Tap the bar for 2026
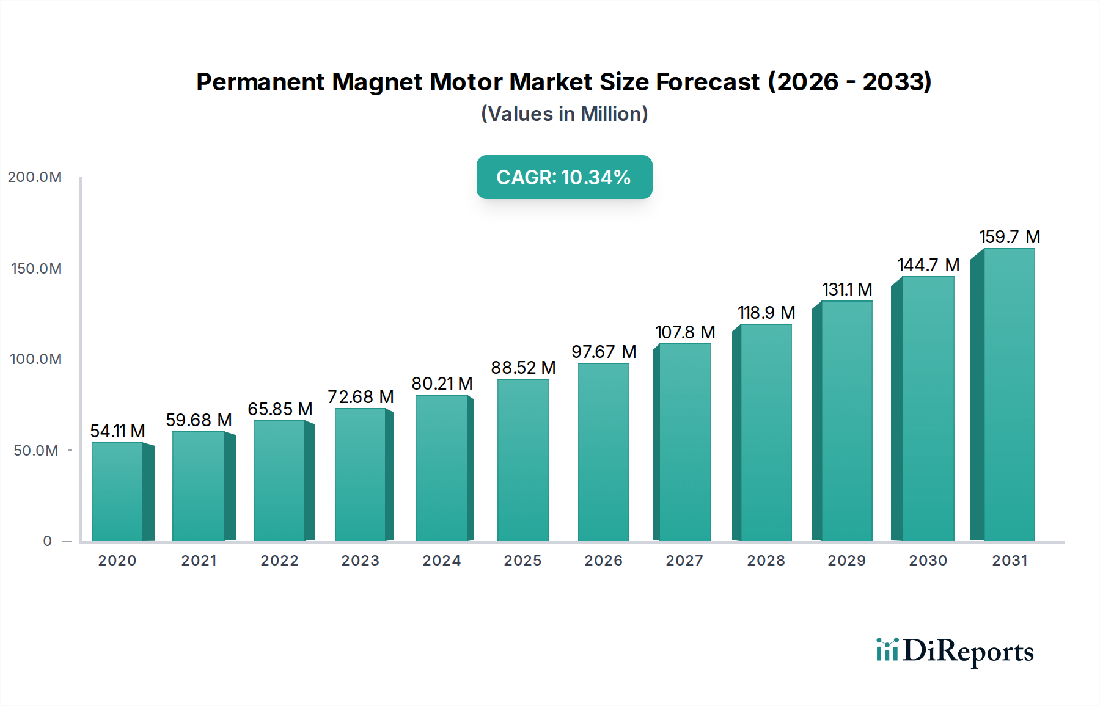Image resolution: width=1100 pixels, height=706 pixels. point(603,452)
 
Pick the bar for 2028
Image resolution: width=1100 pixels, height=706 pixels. point(766,432)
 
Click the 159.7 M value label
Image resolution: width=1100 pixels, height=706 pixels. point(1009,237)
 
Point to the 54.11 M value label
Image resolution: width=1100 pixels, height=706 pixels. point(117,431)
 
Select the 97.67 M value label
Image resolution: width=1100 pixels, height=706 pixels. point(604,352)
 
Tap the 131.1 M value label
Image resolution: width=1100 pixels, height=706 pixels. point(846,289)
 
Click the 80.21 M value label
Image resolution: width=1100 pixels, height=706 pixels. point(442,384)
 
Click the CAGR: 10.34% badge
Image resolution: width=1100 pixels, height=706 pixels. point(564,177)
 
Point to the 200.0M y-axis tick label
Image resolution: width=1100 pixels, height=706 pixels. point(35,177)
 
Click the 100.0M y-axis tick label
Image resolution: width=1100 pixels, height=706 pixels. point(35,359)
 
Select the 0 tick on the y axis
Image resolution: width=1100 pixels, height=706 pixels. point(48,541)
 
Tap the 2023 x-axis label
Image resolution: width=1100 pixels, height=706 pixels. point(360,561)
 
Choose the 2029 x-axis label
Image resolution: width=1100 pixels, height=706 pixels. point(846,561)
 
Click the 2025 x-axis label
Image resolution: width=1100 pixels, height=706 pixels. point(522,561)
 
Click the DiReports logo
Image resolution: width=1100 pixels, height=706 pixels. point(955,651)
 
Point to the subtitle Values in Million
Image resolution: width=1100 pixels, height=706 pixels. point(564,114)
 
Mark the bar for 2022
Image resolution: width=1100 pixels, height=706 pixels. point(280,481)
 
